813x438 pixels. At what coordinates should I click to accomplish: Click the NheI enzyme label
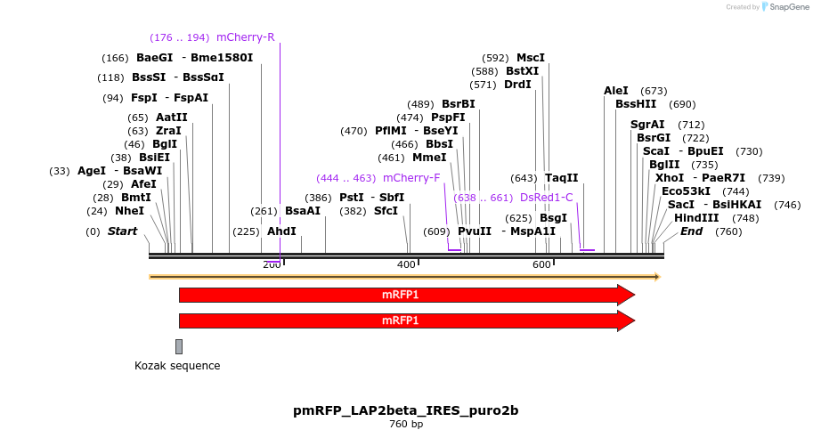tap(129, 211)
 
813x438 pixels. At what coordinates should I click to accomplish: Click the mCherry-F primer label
tap(411, 177)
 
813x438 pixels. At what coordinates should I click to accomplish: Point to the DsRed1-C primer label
tap(547, 198)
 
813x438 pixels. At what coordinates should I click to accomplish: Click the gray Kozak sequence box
tap(179, 346)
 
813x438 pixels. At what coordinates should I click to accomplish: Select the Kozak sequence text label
tap(177, 366)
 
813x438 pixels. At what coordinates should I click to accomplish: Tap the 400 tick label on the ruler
tap(406, 265)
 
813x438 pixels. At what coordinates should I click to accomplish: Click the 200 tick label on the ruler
tap(272, 265)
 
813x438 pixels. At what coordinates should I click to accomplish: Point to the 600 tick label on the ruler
tap(541, 265)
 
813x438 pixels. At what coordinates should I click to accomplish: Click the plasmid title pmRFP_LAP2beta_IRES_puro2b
tap(406, 410)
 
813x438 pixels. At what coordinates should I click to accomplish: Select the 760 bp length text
tap(406, 425)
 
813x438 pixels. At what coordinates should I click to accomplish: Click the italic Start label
tap(123, 231)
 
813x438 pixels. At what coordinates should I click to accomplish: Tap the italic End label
tap(691, 231)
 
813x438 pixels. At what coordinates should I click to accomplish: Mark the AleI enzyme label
tap(616, 91)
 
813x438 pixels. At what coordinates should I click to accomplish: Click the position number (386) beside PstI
tap(318, 198)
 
